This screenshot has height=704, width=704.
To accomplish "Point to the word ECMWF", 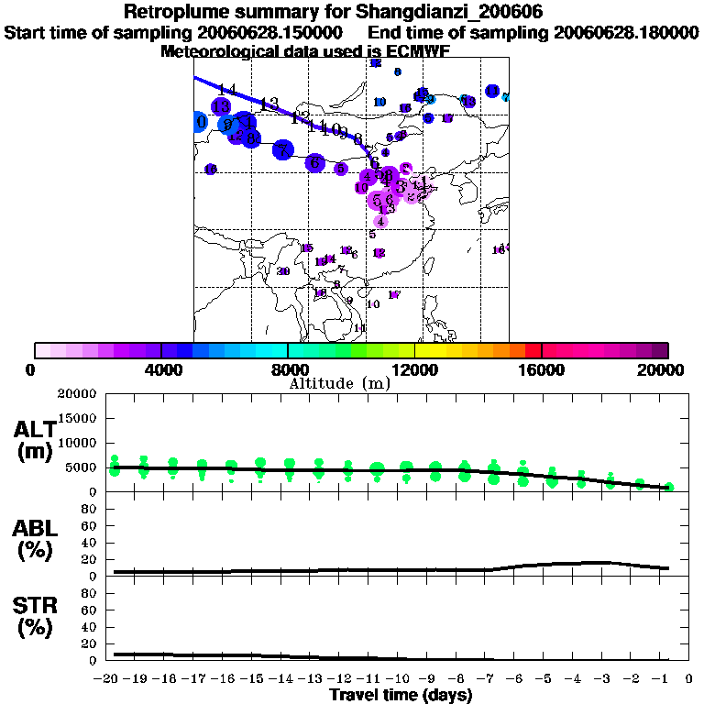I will coord(418,51).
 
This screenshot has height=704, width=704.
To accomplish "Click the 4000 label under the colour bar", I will coord(160,369).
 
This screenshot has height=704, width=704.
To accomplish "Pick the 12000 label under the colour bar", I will coord(414,369).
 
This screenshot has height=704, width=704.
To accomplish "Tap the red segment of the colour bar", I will coord(533,350).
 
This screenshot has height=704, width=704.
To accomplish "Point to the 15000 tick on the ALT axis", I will coord(80,418).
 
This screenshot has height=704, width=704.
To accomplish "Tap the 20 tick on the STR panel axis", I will coord(90,643).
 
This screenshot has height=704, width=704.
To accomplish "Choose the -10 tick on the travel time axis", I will coord(401,679).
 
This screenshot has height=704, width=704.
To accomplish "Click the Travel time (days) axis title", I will coord(401,696).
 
